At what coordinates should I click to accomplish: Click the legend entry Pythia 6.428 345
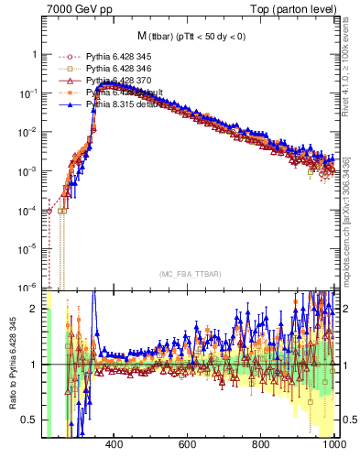[118, 57]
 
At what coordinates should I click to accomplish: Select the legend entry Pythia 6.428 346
[118, 69]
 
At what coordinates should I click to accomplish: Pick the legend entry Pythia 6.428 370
[118, 81]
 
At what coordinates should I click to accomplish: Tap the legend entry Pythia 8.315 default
[123, 104]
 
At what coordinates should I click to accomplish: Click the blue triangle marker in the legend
[71, 104]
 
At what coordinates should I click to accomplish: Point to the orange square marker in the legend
[71, 69]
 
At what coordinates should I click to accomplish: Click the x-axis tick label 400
[115, 446]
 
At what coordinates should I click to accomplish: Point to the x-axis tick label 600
[188, 446]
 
